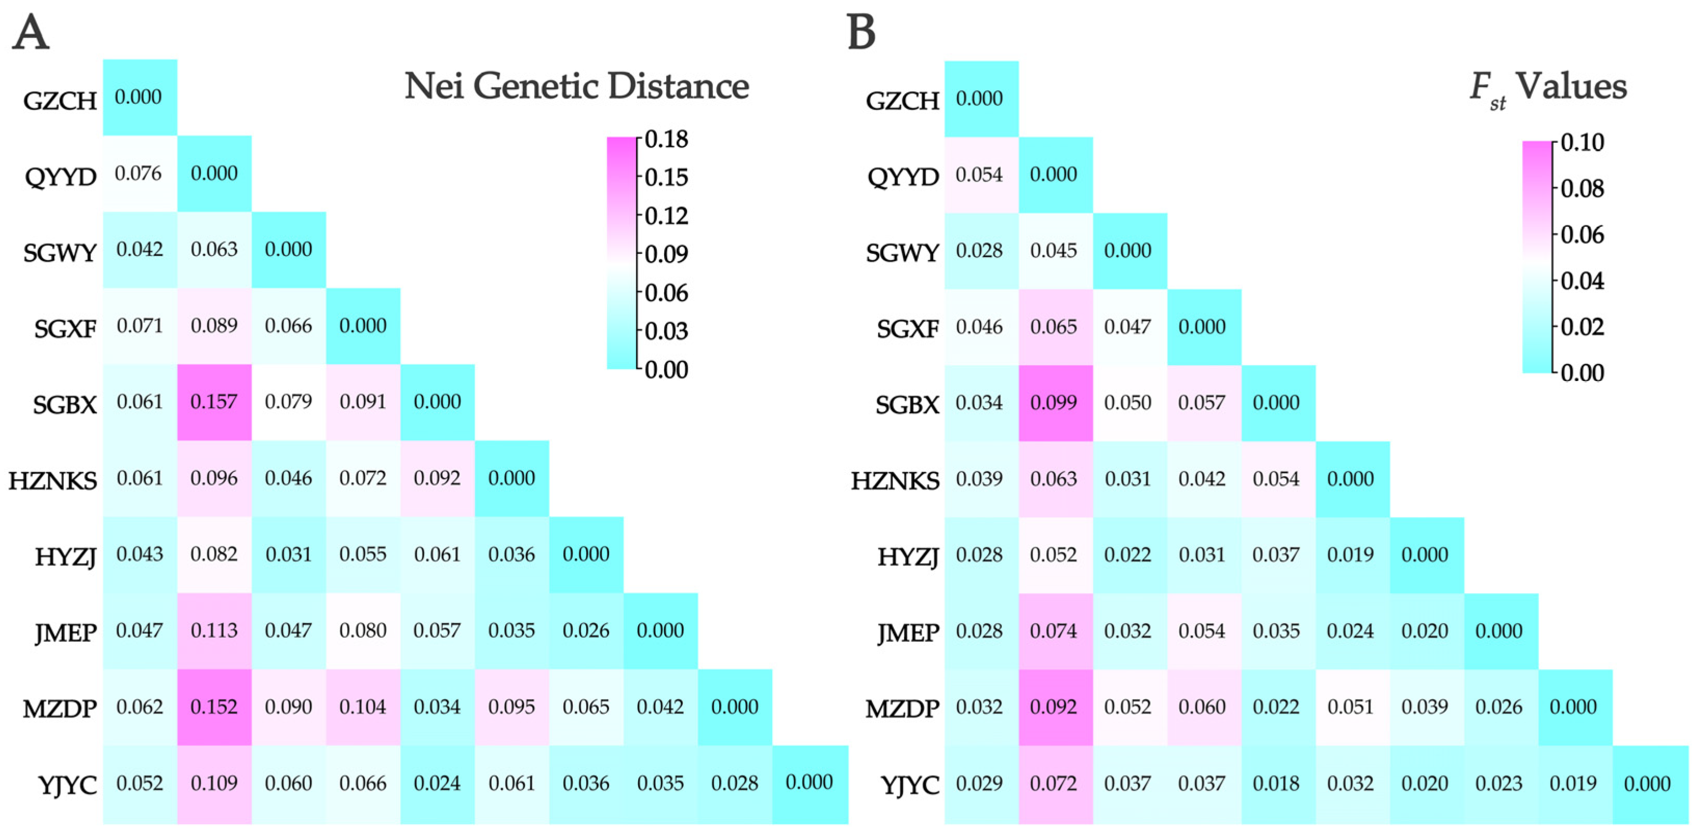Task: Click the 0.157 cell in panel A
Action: (214, 402)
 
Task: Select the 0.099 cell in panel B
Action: (1054, 402)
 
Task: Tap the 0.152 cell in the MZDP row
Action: (214, 707)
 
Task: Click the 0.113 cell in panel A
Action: (214, 630)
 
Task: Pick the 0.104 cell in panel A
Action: (362, 707)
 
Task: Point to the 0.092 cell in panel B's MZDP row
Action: (1054, 707)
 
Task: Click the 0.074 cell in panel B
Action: (1054, 631)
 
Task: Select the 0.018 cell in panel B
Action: (1276, 783)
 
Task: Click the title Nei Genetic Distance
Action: (576, 86)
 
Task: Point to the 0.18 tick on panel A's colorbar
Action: (666, 139)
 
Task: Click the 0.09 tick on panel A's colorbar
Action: (666, 254)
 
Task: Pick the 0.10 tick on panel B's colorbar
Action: (1582, 143)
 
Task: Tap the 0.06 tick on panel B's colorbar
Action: (1582, 235)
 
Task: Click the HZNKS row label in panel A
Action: (53, 480)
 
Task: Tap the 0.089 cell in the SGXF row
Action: (214, 326)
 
